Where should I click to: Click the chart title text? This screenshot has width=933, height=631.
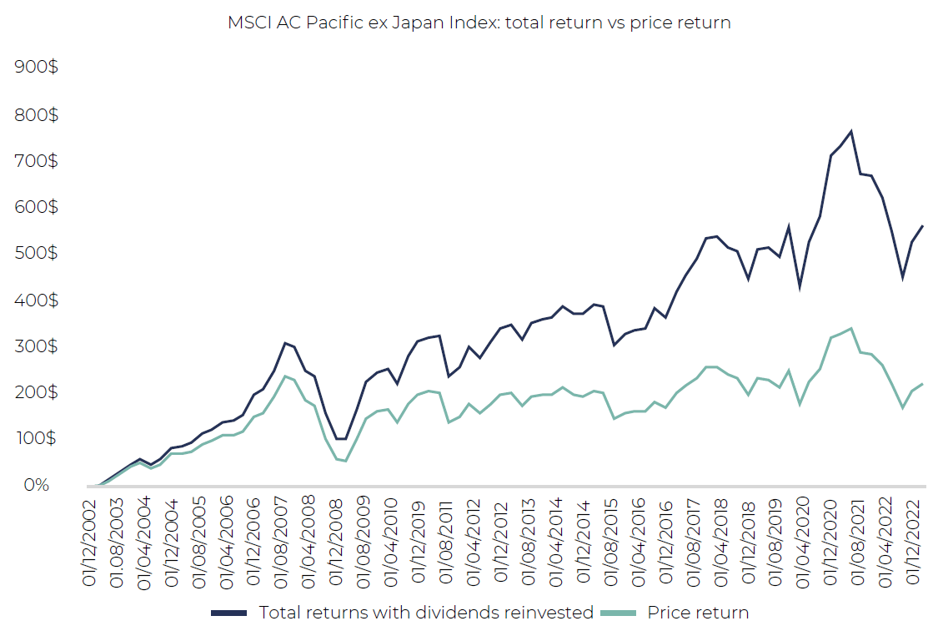pyautogui.click(x=479, y=23)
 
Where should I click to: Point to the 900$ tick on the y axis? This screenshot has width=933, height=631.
pyautogui.click(x=37, y=66)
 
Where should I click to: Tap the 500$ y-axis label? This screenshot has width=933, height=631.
pyautogui.click(x=37, y=253)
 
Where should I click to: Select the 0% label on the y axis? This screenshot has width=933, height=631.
pyautogui.click(x=37, y=485)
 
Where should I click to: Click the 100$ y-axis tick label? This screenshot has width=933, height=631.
pyautogui.click(x=37, y=438)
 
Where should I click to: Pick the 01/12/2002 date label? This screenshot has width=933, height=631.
pyautogui.click(x=88, y=543)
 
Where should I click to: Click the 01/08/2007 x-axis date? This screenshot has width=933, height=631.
pyautogui.click(x=281, y=543)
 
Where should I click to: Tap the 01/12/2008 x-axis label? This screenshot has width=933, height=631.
pyautogui.click(x=335, y=543)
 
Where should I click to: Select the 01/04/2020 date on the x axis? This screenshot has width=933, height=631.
pyautogui.click(x=802, y=543)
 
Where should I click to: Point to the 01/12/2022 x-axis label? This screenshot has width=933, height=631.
pyautogui.click(x=912, y=543)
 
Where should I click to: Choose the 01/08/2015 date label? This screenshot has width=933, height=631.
pyautogui.click(x=610, y=543)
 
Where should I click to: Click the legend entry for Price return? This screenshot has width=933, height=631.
pyautogui.click(x=698, y=613)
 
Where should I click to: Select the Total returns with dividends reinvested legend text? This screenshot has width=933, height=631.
pyautogui.click(x=426, y=613)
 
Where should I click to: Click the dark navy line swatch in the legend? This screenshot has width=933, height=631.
pyautogui.click(x=229, y=613)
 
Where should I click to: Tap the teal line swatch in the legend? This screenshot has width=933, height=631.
pyautogui.click(x=618, y=613)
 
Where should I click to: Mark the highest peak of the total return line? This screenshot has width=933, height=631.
pyautogui.click(x=851, y=131)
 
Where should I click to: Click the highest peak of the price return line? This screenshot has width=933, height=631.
pyautogui.click(x=851, y=328)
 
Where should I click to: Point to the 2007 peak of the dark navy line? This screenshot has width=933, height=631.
pyautogui.click(x=285, y=342)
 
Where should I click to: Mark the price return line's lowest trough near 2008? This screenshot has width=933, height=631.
pyautogui.click(x=346, y=462)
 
